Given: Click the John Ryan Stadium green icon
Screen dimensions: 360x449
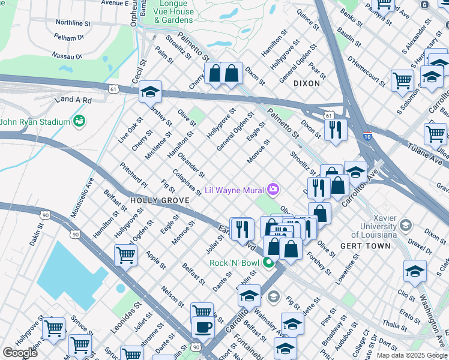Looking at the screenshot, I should click(x=79, y=122).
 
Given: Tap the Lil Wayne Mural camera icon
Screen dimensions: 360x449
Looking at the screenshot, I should click(x=273, y=190).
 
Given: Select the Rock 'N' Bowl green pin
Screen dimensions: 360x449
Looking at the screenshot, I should click(x=269, y=263).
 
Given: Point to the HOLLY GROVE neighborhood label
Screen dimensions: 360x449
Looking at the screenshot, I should click(x=154, y=200).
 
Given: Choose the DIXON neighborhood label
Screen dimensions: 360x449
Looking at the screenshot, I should click(x=307, y=84).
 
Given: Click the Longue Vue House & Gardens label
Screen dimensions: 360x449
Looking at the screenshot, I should click(x=173, y=12).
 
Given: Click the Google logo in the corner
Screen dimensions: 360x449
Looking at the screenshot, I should click(x=20, y=352).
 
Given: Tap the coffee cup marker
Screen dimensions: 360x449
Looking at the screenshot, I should click(x=203, y=328).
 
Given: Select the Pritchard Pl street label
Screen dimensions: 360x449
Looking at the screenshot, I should click(x=133, y=174).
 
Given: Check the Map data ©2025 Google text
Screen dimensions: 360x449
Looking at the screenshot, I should click(x=411, y=355).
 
